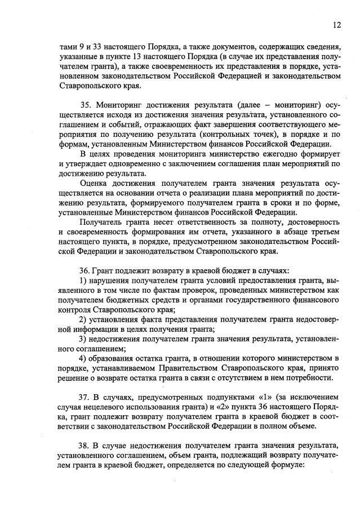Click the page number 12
[337, 25]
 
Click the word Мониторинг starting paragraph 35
[122, 105]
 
